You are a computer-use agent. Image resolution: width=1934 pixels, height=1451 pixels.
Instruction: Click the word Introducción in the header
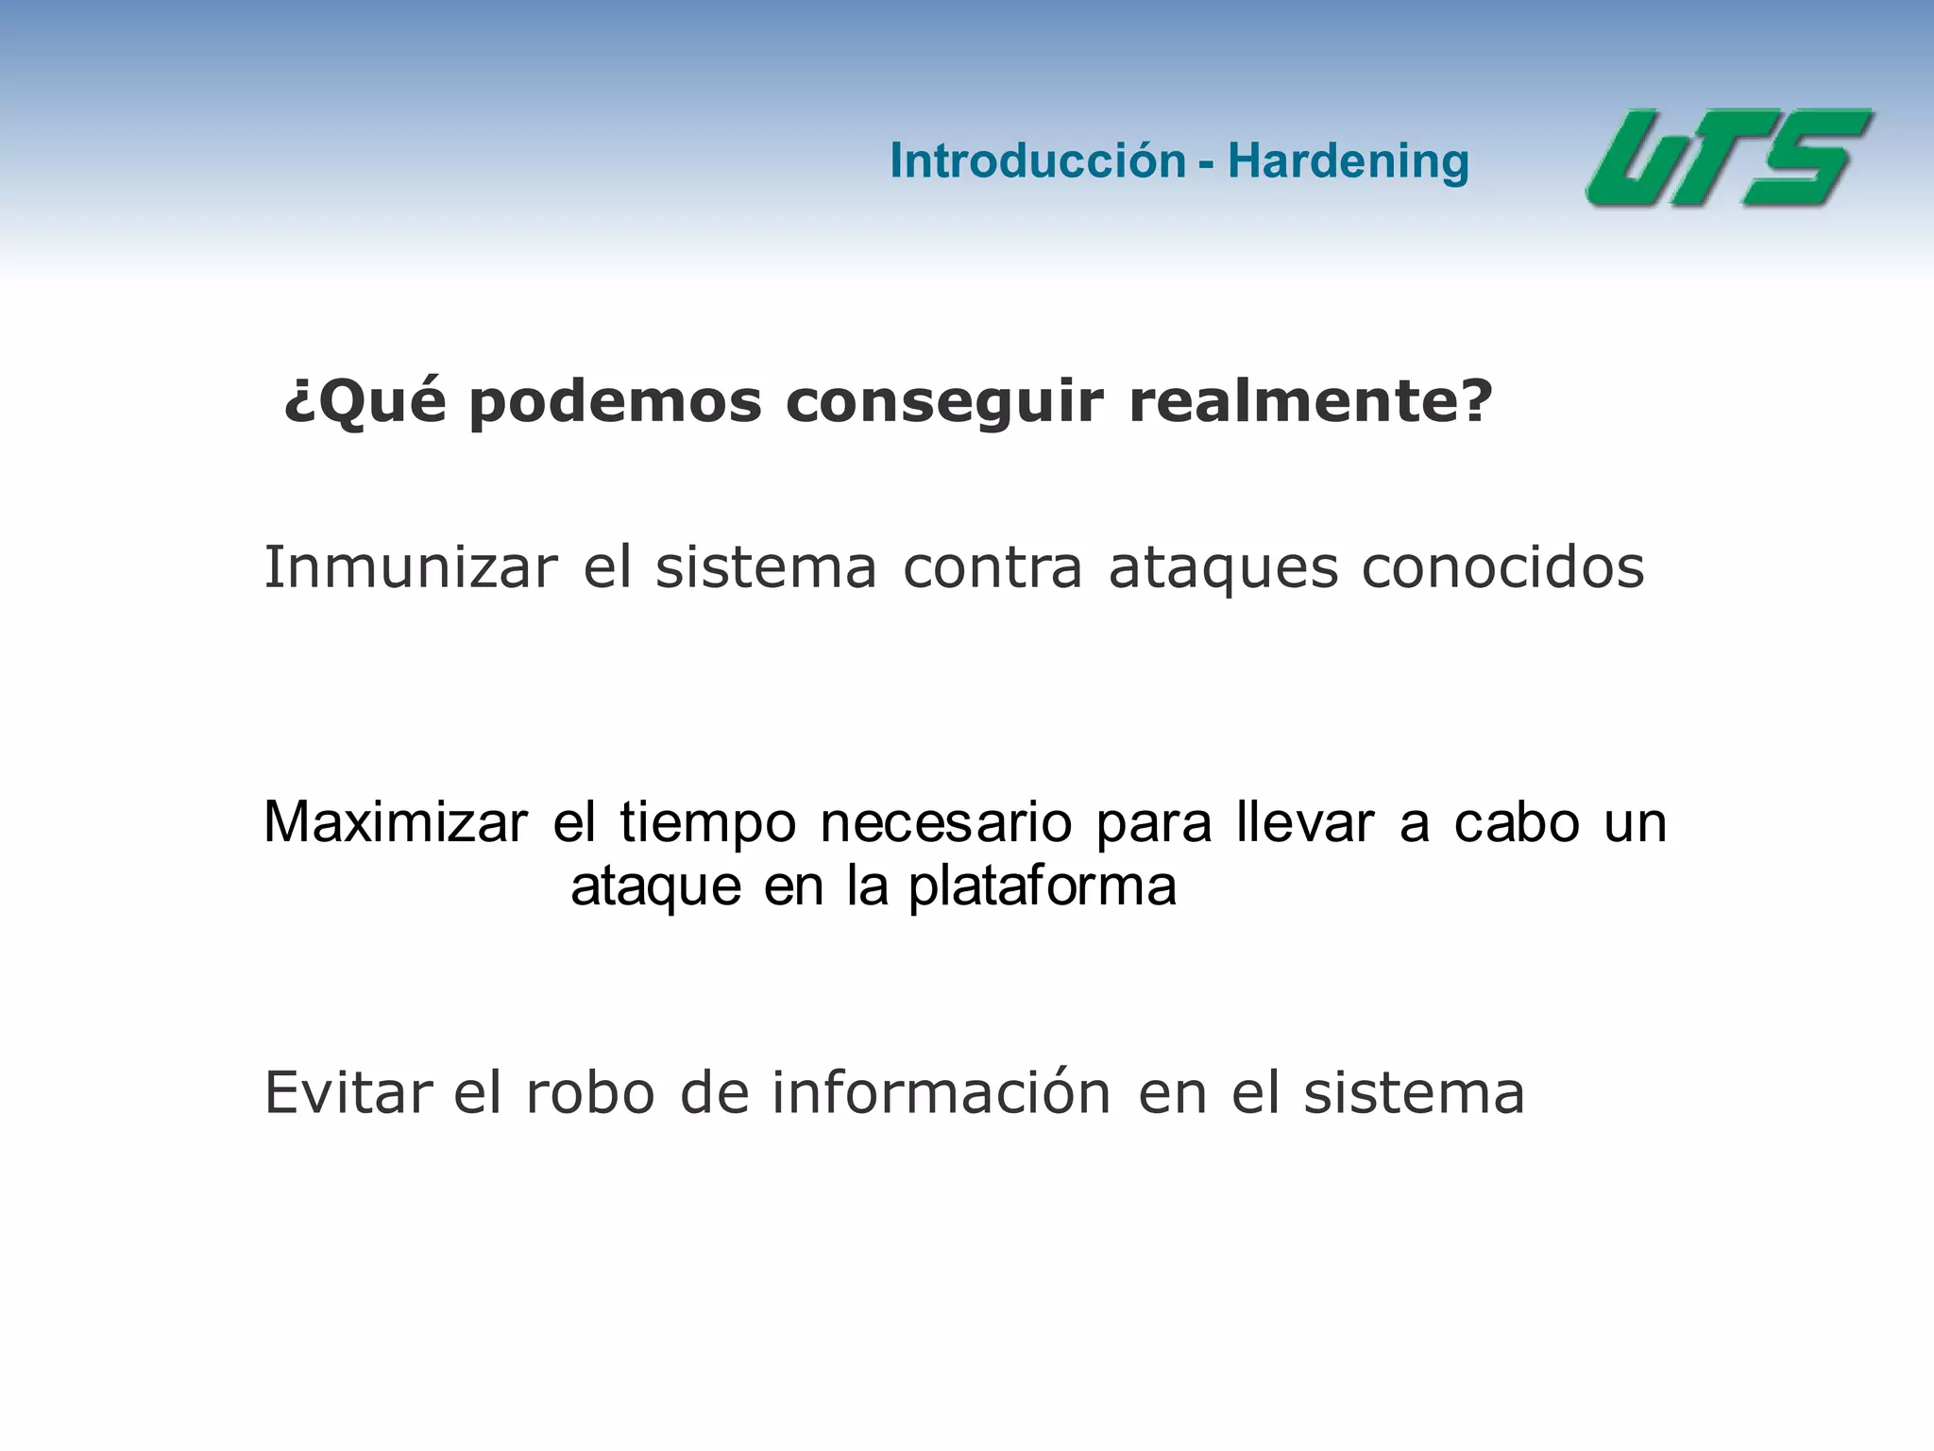[x=1037, y=160]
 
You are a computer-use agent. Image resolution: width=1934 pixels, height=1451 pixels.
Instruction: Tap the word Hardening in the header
[x=1348, y=161]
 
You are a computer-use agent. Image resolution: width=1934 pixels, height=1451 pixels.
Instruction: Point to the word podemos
[x=615, y=402]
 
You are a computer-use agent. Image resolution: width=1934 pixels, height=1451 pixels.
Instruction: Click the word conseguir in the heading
[x=944, y=402]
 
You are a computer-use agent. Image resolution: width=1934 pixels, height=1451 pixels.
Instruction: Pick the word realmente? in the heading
[x=1311, y=402]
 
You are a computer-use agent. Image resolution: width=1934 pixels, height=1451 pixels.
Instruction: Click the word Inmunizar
[x=411, y=567]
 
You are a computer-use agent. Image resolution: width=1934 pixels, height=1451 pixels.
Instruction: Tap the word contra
[x=992, y=567]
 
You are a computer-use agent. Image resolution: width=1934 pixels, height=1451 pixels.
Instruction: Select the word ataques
[x=1223, y=569]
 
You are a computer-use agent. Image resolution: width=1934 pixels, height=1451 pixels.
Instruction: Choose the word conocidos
[x=1502, y=567]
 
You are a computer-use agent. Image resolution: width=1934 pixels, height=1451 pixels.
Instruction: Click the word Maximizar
[x=396, y=821]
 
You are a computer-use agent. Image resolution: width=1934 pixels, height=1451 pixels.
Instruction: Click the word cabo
[x=1517, y=821]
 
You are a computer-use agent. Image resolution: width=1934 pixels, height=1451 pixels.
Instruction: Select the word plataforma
[x=1043, y=886]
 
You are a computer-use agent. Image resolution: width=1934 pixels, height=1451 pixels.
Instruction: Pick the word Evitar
[x=348, y=1092]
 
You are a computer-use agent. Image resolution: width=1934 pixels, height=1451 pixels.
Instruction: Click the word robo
[x=590, y=1092]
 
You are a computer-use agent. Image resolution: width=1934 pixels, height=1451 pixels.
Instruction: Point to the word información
[x=942, y=1092]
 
